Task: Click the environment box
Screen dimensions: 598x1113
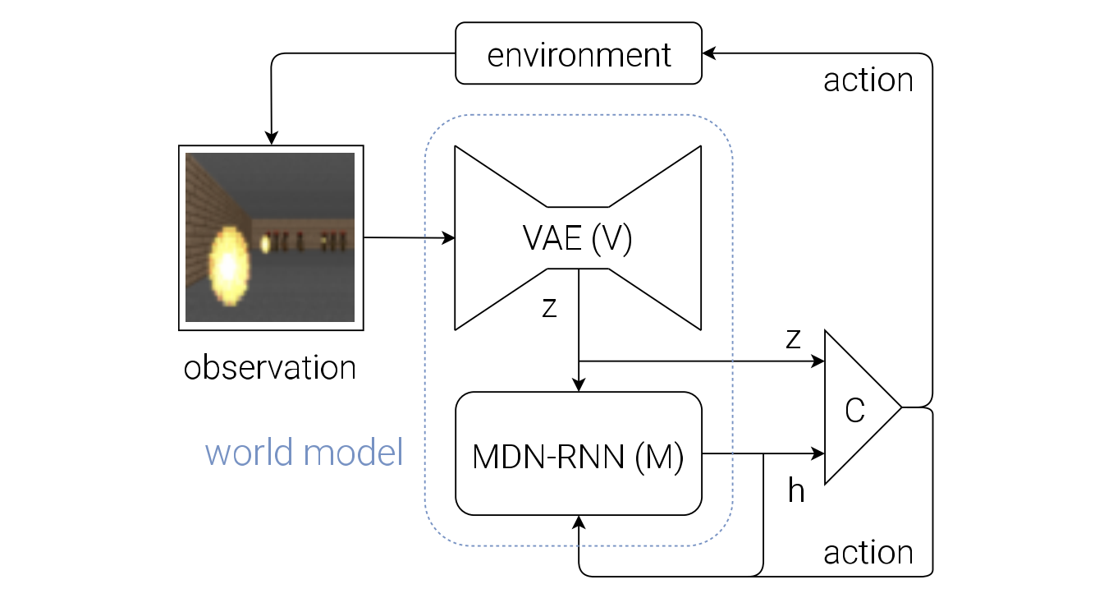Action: pyautogui.click(x=579, y=53)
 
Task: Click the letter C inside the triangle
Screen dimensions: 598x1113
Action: pyautogui.click(x=855, y=411)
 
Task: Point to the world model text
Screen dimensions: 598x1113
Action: pyautogui.click(x=304, y=453)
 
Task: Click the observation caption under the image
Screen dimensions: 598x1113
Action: pyautogui.click(x=270, y=367)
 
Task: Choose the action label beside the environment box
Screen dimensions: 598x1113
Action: pyautogui.click(x=868, y=80)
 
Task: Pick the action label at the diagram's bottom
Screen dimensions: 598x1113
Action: pyautogui.click(x=868, y=553)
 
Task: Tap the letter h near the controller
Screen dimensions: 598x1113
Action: pyautogui.click(x=796, y=490)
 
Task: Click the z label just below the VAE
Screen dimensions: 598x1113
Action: pyautogui.click(x=549, y=307)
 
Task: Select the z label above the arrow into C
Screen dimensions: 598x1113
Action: pyautogui.click(x=793, y=338)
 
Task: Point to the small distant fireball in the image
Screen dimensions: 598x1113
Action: pyautogui.click(x=266, y=243)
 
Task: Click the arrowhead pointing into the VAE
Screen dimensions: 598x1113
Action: pyautogui.click(x=448, y=238)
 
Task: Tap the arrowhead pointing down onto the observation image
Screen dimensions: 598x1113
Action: pyautogui.click(x=271, y=138)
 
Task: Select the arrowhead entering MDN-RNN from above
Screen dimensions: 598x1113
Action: pyautogui.click(x=579, y=385)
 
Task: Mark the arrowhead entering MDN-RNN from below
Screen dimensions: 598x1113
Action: pyautogui.click(x=579, y=522)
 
